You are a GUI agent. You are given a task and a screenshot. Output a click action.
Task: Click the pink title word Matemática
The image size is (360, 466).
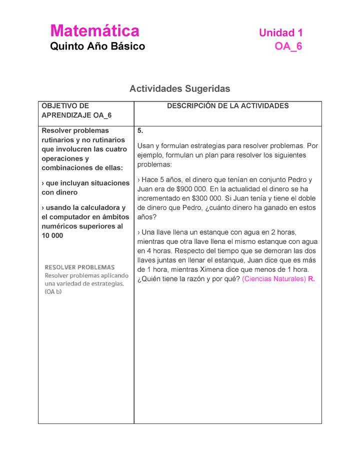point(94,31)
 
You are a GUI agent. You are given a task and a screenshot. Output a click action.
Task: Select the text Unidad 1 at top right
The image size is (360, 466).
point(280,33)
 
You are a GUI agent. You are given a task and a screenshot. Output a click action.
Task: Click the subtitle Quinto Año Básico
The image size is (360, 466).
point(97,46)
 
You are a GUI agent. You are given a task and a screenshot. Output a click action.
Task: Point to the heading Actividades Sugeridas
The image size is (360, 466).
point(179,89)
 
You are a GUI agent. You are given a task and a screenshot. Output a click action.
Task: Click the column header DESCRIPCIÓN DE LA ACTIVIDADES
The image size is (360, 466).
point(227,106)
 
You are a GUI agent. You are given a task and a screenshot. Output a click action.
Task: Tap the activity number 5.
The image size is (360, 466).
point(140,130)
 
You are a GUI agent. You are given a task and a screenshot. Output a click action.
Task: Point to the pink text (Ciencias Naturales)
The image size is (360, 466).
point(273,279)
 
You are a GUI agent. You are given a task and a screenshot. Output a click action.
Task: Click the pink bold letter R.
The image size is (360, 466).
point(311,279)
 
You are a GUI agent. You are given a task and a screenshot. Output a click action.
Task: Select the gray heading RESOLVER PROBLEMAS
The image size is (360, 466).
point(80,267)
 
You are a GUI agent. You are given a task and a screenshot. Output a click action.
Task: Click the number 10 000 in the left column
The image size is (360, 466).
point(52,235)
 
